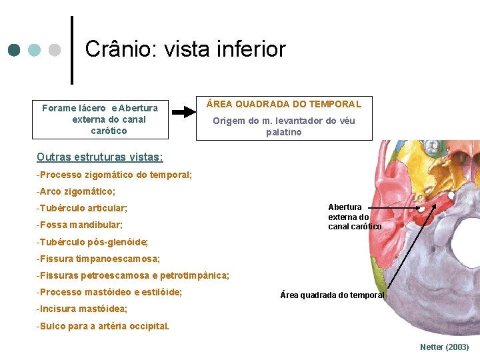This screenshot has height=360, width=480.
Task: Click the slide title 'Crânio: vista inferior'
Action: coord(185,49)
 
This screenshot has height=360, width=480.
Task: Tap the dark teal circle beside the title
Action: coord(15,50)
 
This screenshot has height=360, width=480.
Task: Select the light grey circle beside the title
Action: coord(55,50)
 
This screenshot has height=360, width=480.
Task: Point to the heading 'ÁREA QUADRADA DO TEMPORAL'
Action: coord(284,104)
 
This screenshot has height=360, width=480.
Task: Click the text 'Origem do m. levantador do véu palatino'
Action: coord(284,126)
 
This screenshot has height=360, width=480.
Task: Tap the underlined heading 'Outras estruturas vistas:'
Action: coord(100,157)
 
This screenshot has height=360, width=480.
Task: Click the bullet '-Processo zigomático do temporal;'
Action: coord(115,175)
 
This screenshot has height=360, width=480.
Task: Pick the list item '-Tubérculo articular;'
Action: coord(82,208)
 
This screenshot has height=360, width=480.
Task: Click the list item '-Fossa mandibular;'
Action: coord(80,225)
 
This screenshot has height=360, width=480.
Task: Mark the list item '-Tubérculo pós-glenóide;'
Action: coord(92,241)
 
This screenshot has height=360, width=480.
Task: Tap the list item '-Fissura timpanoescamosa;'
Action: coord(98,258)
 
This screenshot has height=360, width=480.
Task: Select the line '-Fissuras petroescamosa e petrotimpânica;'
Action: coord(133,275)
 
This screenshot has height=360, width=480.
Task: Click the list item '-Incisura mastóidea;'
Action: coord(82,309)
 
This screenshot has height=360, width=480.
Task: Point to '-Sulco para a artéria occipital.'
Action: coord(103,326)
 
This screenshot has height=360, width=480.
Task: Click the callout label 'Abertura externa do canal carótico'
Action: coord(354,217)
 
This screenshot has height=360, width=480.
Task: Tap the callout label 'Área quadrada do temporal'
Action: coord(333,295)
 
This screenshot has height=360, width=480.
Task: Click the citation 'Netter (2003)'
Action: coord(445,347)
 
